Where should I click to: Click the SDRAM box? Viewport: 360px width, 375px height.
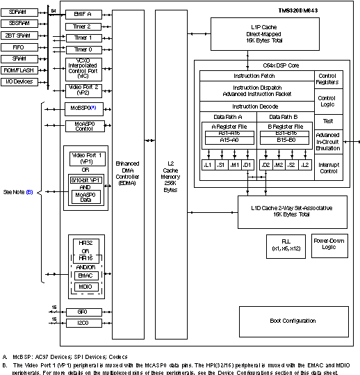pos(21,13)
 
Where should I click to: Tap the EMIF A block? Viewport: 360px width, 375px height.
pos(83,13)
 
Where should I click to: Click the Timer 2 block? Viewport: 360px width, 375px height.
pos(83,26)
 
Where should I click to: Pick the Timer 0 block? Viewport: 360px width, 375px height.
pos(83,49)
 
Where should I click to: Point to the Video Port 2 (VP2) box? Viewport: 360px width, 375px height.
pos(83,89)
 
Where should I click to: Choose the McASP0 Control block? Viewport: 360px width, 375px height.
pos(83,126)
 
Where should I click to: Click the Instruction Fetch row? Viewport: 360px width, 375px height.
pos(256,75)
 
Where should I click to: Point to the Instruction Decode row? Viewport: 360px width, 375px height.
pos(256,106)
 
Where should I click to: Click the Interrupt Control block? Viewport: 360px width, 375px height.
pos(327,167)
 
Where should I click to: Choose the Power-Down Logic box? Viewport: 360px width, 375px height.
pos(329,244)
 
